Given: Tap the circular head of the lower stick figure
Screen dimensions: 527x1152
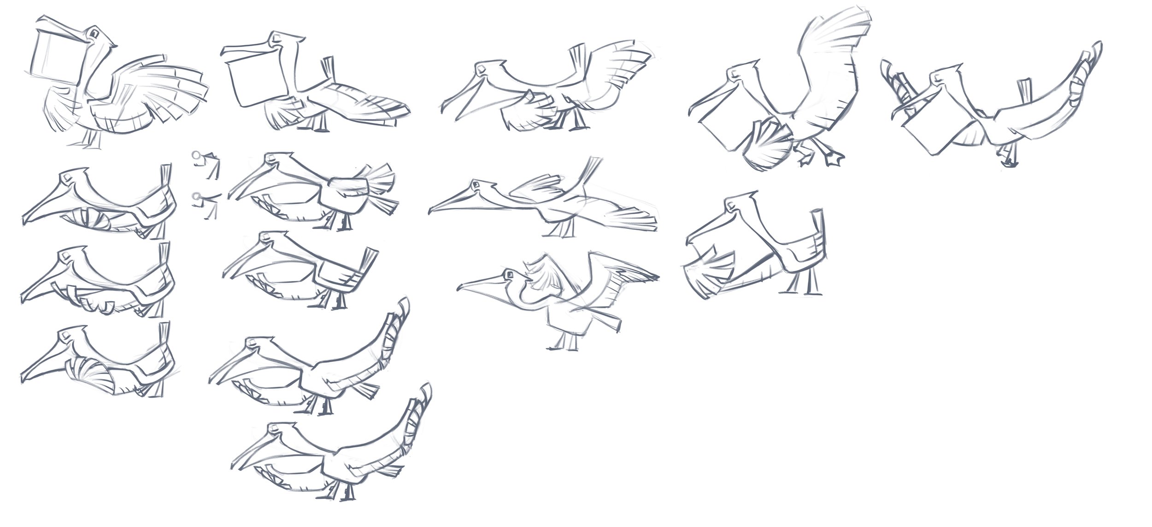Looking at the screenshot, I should tap(196, 197).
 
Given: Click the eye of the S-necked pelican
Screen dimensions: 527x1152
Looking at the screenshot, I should tap(510, 275).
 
